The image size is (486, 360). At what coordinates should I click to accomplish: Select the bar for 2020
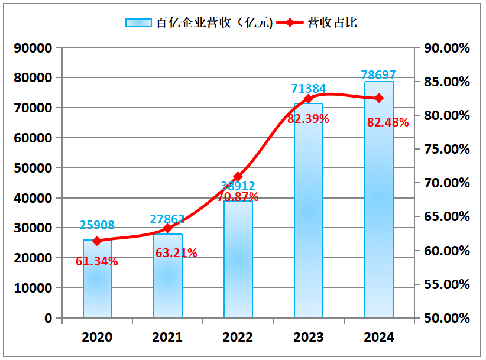tap(97, 278)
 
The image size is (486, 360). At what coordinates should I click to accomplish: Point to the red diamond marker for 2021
tap(167, 228)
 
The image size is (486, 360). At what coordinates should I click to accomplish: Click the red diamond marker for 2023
tap(308, 99)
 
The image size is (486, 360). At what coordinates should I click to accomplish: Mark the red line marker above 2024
tap(378, 98)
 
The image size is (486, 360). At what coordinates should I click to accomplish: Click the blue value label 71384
tap(308, 89)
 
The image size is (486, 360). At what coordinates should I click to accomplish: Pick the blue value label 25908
tap(97, 225)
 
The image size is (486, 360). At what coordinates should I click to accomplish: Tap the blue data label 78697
tap(378, 75)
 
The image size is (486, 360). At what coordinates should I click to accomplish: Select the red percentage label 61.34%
tap(97, 261)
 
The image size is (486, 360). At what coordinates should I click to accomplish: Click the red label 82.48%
tap(388, 122)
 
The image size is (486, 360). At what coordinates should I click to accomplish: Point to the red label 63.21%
tap(176, 253)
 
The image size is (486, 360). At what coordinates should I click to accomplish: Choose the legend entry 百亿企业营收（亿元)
tap(199, 23)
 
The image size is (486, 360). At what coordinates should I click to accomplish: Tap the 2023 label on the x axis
tap(308, 338)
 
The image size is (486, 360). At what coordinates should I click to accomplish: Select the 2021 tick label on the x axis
tap(167, 338)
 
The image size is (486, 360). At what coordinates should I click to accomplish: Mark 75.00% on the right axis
tap(447, 149)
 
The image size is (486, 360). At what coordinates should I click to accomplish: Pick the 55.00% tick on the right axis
tap(447, 284)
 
